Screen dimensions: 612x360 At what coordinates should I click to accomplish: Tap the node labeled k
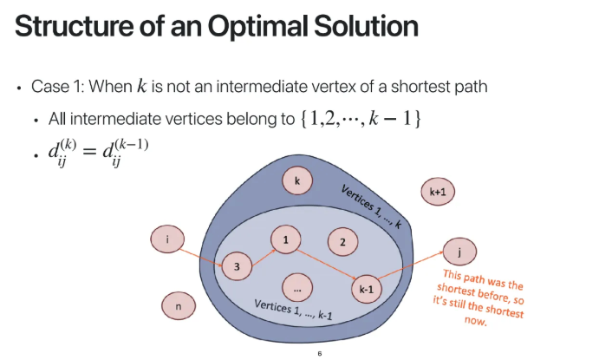coord(296,180)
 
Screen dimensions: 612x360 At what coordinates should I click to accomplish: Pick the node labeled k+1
coord(438,191)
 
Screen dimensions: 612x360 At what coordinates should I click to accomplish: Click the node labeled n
coord(178,306)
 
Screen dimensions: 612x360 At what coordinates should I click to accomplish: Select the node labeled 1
coord(284,238)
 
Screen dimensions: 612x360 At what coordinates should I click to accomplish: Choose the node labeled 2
coord(342,242)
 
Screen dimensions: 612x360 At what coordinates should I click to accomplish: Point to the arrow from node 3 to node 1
coord(261,252)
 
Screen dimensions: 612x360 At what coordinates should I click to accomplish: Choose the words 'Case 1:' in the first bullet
coord(62,88)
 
